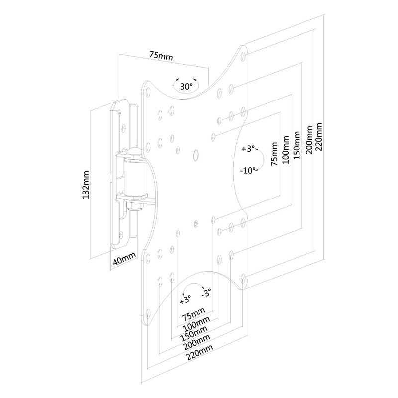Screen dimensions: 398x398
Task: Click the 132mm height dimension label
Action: point(86,185)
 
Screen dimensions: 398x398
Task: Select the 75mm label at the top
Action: point(161,56)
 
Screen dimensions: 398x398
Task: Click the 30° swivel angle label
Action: point(186,86)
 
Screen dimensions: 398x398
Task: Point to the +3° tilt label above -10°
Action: point(248,149)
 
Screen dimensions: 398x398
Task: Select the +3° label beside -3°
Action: point(185,299)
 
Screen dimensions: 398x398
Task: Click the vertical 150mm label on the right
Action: point(297,145)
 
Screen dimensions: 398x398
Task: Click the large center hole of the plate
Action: point(196,155)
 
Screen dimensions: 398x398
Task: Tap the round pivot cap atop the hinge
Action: point(133,153)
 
